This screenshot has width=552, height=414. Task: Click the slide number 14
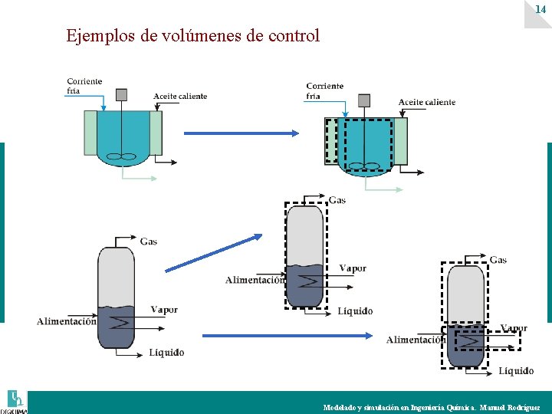tap(540, 8)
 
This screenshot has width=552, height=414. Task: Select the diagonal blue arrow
tap(214, 253)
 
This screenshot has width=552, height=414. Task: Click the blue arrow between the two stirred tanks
tap(241, 133)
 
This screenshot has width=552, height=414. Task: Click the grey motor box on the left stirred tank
tap(121, 94)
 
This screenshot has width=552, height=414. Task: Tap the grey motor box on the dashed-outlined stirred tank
tap(363, 100)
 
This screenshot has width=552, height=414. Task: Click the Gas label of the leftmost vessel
tap(149, 242)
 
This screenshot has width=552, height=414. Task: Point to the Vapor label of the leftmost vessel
tap(164, 310)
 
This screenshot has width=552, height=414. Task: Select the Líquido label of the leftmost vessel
tap(166, 353)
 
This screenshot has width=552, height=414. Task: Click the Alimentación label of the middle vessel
tap(255, 281)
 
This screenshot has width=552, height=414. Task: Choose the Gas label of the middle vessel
tap(337, 201)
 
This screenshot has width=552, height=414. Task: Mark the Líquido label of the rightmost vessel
tap(516, 371)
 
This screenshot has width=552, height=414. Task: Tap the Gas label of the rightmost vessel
tap(498, 260)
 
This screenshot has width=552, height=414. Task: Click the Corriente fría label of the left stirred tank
tap(84, 86)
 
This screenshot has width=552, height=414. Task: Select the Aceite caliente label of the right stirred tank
tap(427, 102)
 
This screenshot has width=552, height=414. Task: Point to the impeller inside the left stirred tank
tap(121, 157)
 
